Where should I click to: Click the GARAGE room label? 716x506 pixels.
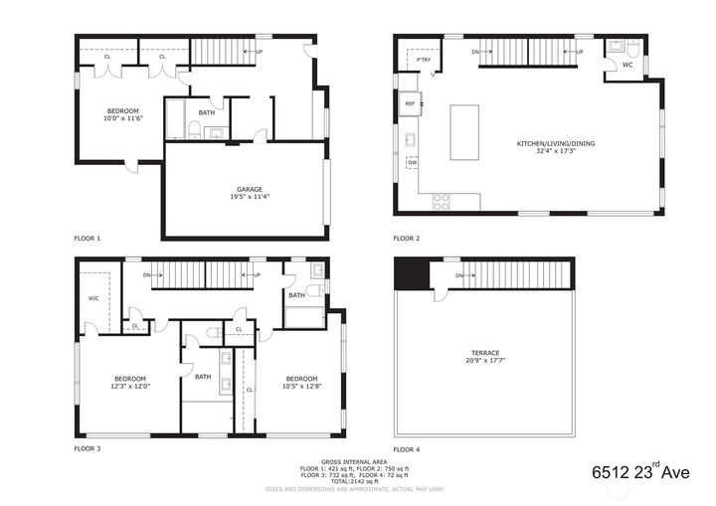point(249,189)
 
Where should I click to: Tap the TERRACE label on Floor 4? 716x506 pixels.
point(485,353)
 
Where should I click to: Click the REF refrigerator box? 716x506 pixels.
point(409,103)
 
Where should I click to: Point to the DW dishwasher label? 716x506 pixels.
point(411,162)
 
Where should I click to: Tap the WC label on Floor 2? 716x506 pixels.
point(626,66)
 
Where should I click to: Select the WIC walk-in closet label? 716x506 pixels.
point(93,297)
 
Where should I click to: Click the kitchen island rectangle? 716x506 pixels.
point(464,132)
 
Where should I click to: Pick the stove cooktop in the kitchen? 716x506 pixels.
point(441,201)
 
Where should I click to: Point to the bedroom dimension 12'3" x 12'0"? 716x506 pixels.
point(130,387)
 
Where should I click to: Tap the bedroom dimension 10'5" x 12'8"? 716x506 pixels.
point(301,387)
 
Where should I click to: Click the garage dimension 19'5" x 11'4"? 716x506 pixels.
point(249,197)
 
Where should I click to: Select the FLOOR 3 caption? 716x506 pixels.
point(88,448)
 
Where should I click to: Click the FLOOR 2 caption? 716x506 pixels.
point(407,239)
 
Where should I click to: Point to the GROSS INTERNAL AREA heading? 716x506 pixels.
point(354,462)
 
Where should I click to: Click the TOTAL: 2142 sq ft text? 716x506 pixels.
point(354,481)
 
